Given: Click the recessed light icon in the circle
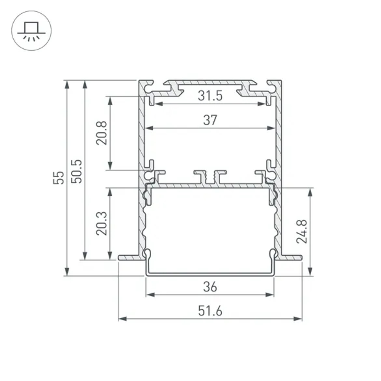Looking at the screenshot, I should pyautogui.click(x=31, y=31).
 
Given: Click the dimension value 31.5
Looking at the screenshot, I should pyautogui.click(x=210, y=96).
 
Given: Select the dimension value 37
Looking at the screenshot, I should pyautogui.click(x=210, y=120).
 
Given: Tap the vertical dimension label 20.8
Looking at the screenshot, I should pyautogui.click(x=101, y=133).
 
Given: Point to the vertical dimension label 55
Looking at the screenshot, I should pyautogui.click(x=59, y=178).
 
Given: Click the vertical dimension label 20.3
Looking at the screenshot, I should pyautogui.click(x=101, y=224).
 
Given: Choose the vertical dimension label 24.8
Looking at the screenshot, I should pyautogui.click(x=302, y=231).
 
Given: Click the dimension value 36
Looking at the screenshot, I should pyautogui.click(x=210, y=287).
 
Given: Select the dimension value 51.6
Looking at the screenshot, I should pyautogui.click(x=210, y=311).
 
